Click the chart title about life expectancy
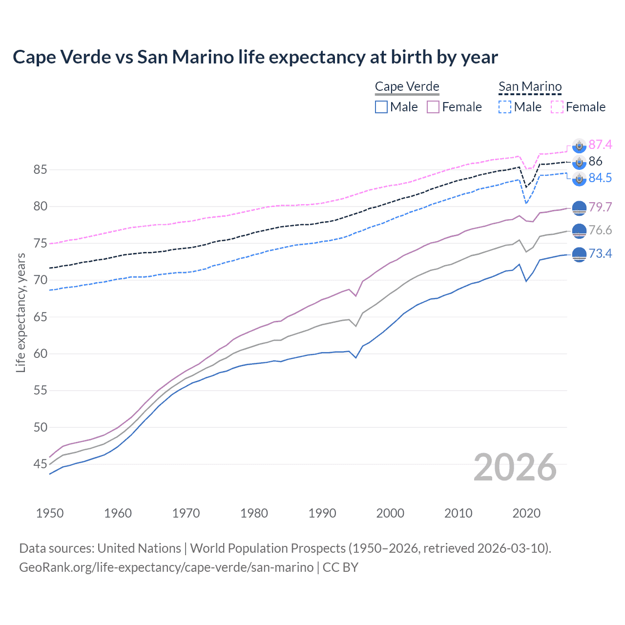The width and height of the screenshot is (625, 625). click(x=255, y=57)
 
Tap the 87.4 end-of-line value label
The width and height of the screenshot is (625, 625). click(x=600, y=145)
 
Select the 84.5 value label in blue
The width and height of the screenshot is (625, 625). click(x=600, y=178)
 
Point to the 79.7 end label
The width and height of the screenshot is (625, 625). click(x=600, y=207)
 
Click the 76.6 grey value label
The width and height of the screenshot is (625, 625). click(x=600, y=230)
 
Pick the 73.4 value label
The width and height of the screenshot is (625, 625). click(x=600, y=253)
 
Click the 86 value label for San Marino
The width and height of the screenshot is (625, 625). click(x=595, y=161)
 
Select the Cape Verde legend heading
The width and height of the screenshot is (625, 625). click(x=407, y=87)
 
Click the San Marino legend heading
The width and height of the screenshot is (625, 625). click(x=530, y=87)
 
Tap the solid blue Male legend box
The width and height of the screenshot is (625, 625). click(x=381, y=107)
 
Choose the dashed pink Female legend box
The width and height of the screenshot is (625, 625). click(x=557, y=107)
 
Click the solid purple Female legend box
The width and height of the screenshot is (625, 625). click(x=433, y=107)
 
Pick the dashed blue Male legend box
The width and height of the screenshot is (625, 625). click(x=505, y=107)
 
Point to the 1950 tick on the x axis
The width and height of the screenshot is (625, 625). click(x=50, y=513)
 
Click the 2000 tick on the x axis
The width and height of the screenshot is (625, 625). click(x=390, y=513)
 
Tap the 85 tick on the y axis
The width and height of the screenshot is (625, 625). click(x=40, y=170)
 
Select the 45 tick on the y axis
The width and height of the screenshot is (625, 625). click(x=40, y=464)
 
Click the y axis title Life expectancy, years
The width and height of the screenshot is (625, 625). click(x=21, y=312)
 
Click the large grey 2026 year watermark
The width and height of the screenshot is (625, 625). click(x=515, y=467)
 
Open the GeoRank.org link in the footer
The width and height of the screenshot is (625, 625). click(x=166, y=567)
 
